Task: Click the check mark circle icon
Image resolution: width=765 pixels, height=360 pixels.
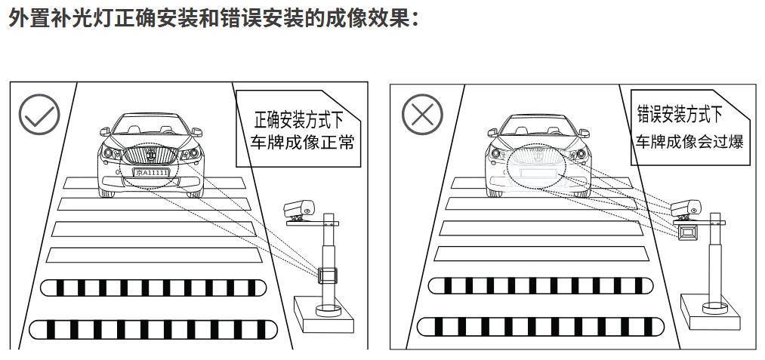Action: point(39,115)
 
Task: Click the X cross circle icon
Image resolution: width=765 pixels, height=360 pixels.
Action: point(421,115)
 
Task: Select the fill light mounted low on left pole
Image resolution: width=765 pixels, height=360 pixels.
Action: point(328,274)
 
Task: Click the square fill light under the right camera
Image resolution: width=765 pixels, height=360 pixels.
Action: point(688,234)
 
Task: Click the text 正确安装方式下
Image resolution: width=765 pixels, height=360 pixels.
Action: point(300,118)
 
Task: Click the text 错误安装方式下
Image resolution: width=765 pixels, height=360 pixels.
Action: point(680,115)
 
